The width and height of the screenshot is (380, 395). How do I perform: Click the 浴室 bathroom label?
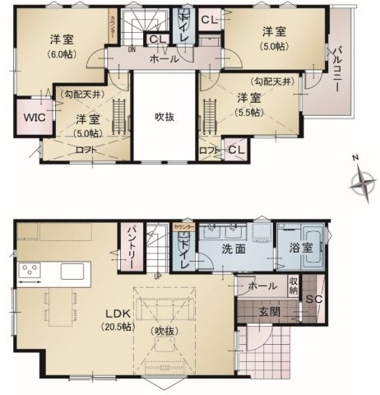(301, 249)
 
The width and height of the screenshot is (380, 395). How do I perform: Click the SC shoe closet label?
(313, 301)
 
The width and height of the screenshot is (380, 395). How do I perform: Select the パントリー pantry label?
(129, 244)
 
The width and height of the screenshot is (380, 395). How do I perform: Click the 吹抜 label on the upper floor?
(164, 115)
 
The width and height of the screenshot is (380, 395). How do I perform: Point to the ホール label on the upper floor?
(165, 59)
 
